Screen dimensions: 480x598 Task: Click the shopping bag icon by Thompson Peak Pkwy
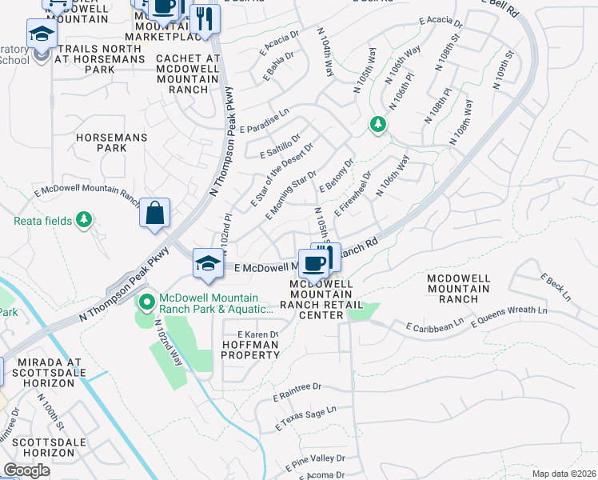point(155,214)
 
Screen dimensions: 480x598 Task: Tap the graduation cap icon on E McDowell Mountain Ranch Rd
point(208,264)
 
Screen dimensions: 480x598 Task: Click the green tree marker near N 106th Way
point(378,124)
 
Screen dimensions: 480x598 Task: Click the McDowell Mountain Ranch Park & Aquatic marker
point(146,302)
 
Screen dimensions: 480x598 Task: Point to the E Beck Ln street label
point(556,287)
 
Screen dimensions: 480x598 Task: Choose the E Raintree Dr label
point(297,391)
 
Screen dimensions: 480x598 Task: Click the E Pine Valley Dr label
point(315,461)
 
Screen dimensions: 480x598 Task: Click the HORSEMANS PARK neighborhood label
point(102,142)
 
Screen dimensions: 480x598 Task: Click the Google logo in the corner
point(26,470)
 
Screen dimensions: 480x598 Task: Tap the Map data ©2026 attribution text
point(563,474)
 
